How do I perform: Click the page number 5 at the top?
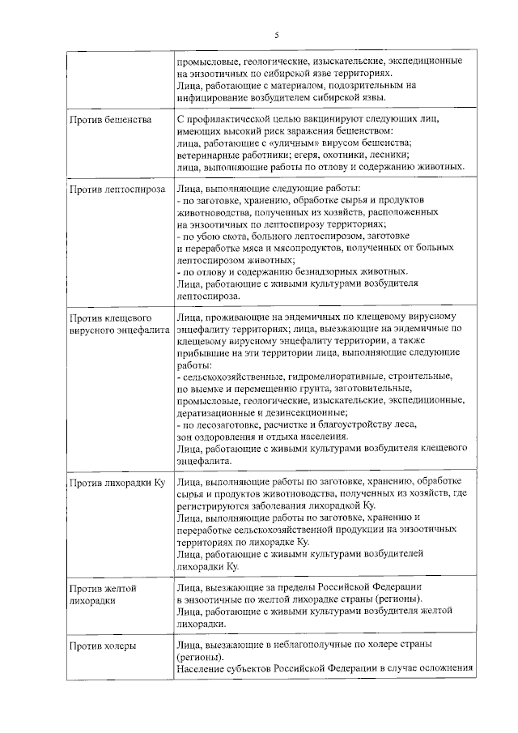click(x=276, y=35)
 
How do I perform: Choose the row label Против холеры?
click(x=102, y=646)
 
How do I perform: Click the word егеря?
click(x=325, y=155)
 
